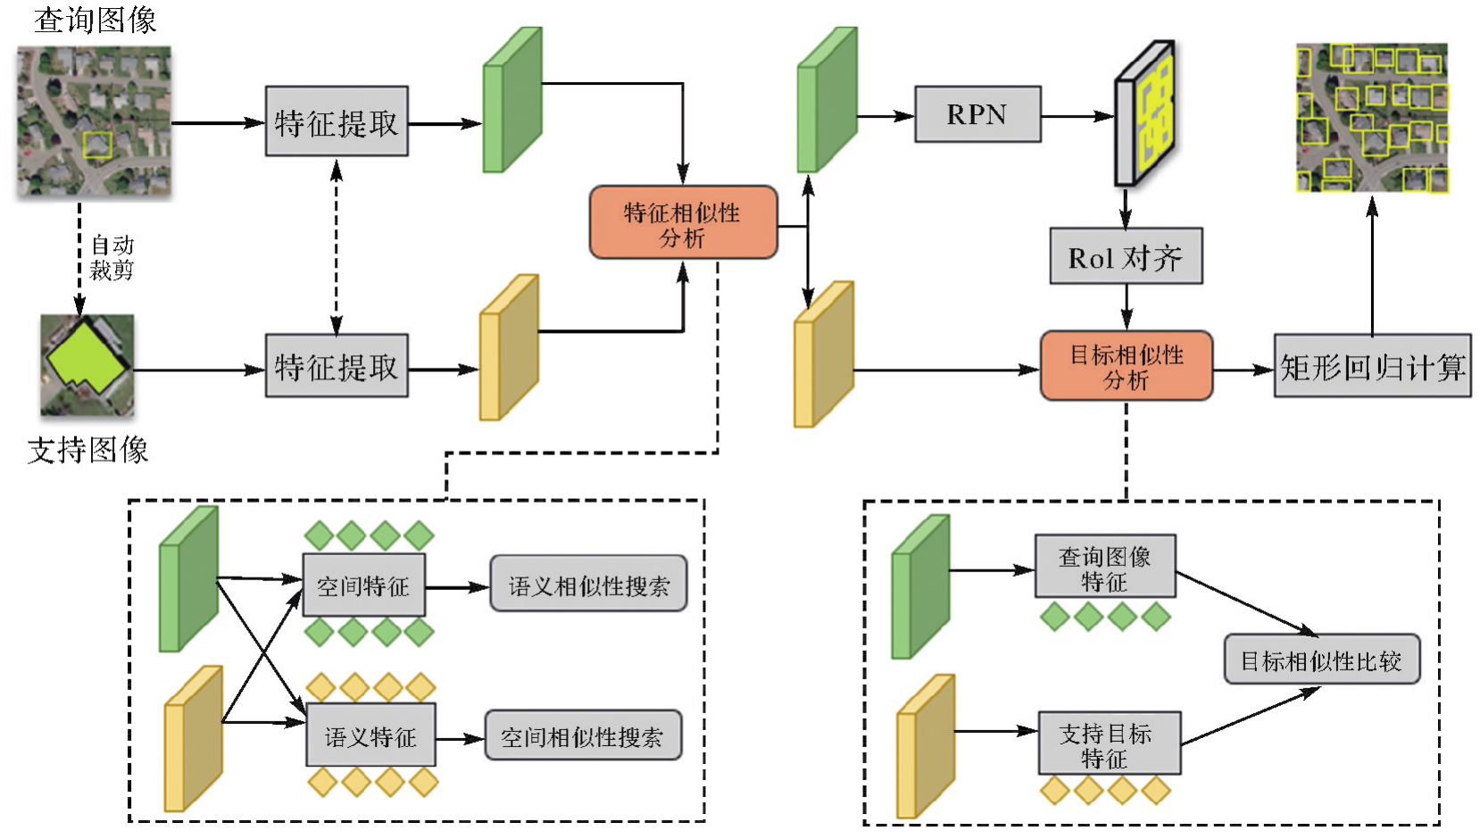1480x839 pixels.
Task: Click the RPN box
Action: tap(977, 114)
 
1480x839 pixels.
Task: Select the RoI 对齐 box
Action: tap(1126, 257)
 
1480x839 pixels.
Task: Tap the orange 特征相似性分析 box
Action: tap(683, 223)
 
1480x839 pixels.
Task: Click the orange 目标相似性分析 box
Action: tap(1127, 366)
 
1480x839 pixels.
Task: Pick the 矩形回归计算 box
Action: tap(1372, 366)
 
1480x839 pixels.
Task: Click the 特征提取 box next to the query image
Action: tap(337, 122)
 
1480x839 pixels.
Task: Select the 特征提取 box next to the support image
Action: tap(337, 366)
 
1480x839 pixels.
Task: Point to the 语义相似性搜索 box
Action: tap(588, 585)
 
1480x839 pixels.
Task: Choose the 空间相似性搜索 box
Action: tap(583, 735)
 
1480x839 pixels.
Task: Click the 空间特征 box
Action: tap(363, 585)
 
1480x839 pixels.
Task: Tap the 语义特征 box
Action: tap(370, 735)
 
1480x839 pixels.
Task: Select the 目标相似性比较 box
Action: tap(1321, 660)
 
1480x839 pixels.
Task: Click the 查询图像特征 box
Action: tap(1105, 568)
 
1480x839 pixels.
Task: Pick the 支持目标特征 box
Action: tap(1109, 743)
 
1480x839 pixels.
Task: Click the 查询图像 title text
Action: tap(95, 19)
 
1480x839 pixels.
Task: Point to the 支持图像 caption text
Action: tap(87, 449)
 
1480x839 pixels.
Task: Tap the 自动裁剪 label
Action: tap(112, 257)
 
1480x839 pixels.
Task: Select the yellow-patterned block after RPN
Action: tap(1145, 113)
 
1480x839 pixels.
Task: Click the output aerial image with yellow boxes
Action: tap(1372, 118)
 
